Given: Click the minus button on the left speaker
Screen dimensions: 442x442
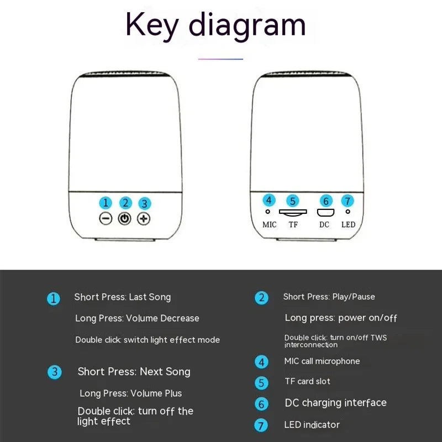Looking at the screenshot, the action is click(106, 218).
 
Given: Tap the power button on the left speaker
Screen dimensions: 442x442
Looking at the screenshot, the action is click(125, 218).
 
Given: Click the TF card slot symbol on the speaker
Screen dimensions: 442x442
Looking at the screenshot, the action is click(293, 213).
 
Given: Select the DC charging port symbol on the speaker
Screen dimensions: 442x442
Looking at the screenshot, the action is click(325, 213).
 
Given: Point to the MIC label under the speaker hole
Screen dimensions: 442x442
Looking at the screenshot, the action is click(269, 225).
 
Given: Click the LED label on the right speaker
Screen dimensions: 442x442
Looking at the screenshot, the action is click(349, 225).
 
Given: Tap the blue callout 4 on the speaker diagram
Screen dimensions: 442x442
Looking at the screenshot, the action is click(269, 200).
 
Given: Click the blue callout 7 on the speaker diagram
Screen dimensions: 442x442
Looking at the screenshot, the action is click(348, 201).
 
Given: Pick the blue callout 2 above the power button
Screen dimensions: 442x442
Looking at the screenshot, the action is click(125, 203).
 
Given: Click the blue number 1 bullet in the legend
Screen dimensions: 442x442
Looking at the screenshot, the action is click(53, 299).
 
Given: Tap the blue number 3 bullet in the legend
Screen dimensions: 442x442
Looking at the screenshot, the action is click(54, 372).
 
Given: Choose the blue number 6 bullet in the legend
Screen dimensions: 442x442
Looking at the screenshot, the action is click(261, 404).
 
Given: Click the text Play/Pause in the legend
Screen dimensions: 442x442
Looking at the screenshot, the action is click(354, 297).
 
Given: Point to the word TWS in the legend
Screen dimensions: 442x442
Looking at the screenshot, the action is click(378, 338).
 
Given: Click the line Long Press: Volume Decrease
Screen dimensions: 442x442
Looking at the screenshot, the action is click(137, 318).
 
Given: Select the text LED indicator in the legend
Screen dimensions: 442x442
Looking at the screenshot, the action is click(312, 425).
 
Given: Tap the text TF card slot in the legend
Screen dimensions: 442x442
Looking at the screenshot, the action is click(307, 381).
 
